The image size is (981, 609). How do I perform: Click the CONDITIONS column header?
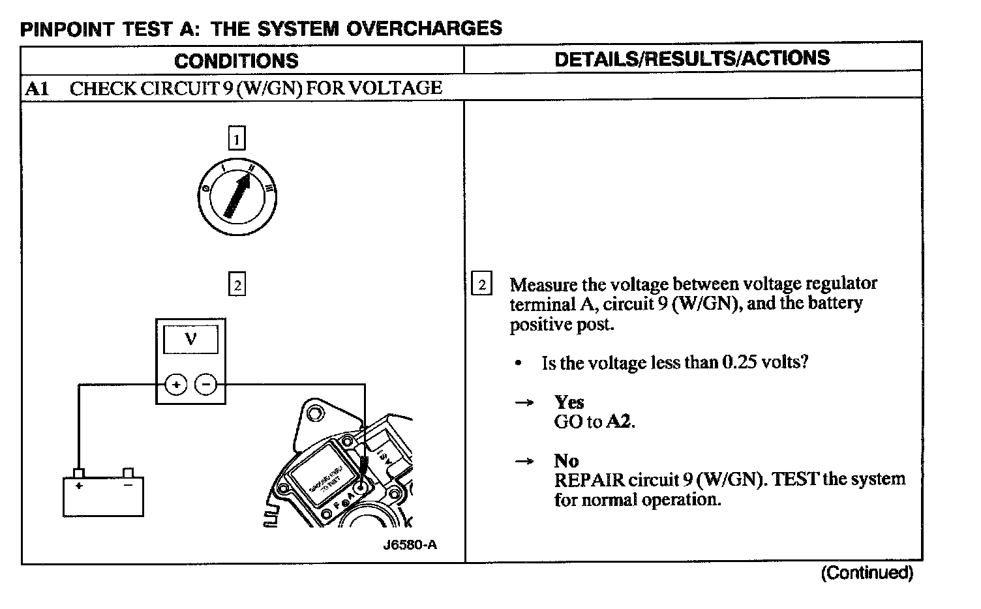[236, 61]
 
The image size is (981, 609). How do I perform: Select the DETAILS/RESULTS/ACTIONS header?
[692, 58]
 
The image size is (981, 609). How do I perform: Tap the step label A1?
[37, 88]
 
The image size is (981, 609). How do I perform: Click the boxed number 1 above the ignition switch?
[236, 139]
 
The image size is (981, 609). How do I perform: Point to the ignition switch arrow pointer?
[237, 195]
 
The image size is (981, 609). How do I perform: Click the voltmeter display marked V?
[190, 340]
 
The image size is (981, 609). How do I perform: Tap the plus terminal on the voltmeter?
[175, 385]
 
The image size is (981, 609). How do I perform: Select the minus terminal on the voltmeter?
[206, 385]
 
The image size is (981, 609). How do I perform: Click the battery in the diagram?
[103, 496]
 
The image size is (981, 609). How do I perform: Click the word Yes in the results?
[569, 402]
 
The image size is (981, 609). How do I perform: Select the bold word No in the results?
[566, 461]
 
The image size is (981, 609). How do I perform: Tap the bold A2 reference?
[619, 422]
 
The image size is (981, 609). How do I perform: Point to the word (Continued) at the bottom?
[867, 573]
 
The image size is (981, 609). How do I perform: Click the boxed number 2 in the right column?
[481, 284]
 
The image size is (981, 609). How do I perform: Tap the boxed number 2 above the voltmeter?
[237, 285]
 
